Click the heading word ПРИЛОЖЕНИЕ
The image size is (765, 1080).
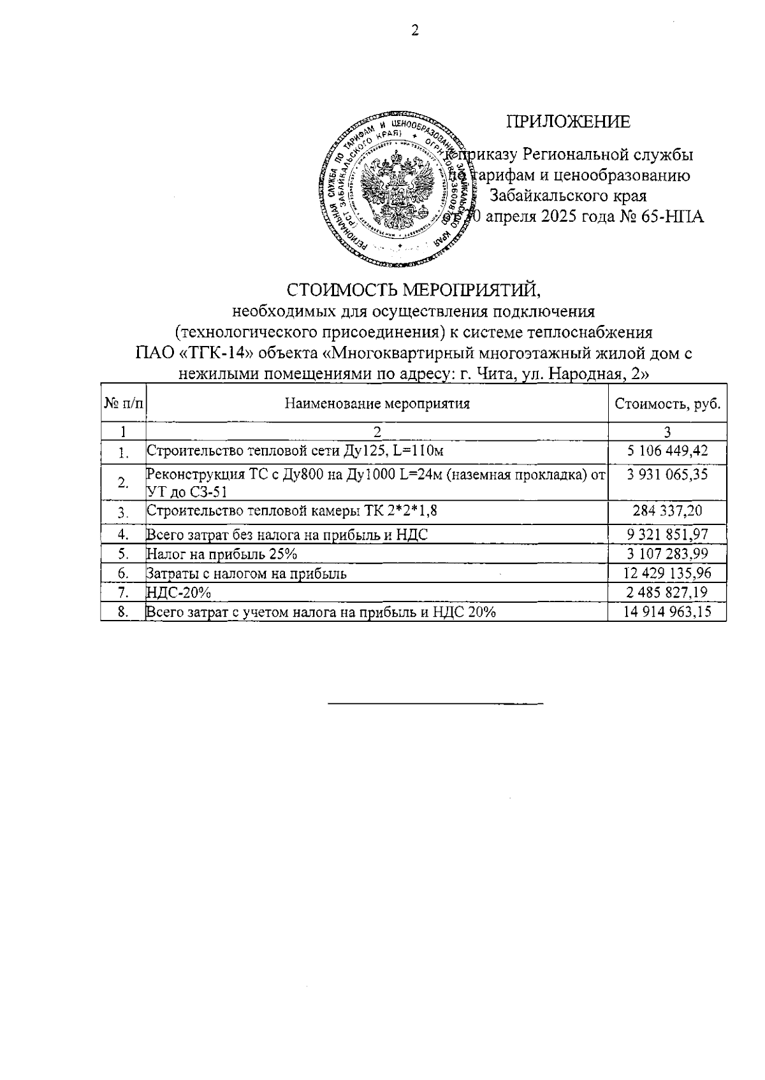pyautogui.click(x=568, y=122)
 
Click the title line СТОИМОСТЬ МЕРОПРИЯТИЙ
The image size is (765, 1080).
pyautogui.click(x=414, y=290)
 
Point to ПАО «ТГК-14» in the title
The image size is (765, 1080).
pyautogui.click(x=191, y=353)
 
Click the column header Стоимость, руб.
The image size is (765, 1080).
pyautogui.click(x=667, y=404)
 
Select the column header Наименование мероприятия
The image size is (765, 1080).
pyautogui.click(x=377, y=404)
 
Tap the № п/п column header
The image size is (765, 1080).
pyautogui.click(x=124, y=404)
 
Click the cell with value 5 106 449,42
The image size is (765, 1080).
pyautogui.click(x=667, y=451)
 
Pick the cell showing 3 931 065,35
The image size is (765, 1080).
pyautogui.click(x=667, y=475)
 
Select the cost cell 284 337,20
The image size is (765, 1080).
pyautogui.click(x=667, y=511)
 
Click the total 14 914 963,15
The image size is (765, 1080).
pyautogui.click(x=667, y=613)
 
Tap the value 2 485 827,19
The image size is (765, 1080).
pyautogui.click(x=667, y=593)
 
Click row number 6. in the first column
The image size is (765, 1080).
pyautogui.click(x=124, y=573)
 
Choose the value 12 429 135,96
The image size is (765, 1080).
pyautogui.click(x=667, y=573)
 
